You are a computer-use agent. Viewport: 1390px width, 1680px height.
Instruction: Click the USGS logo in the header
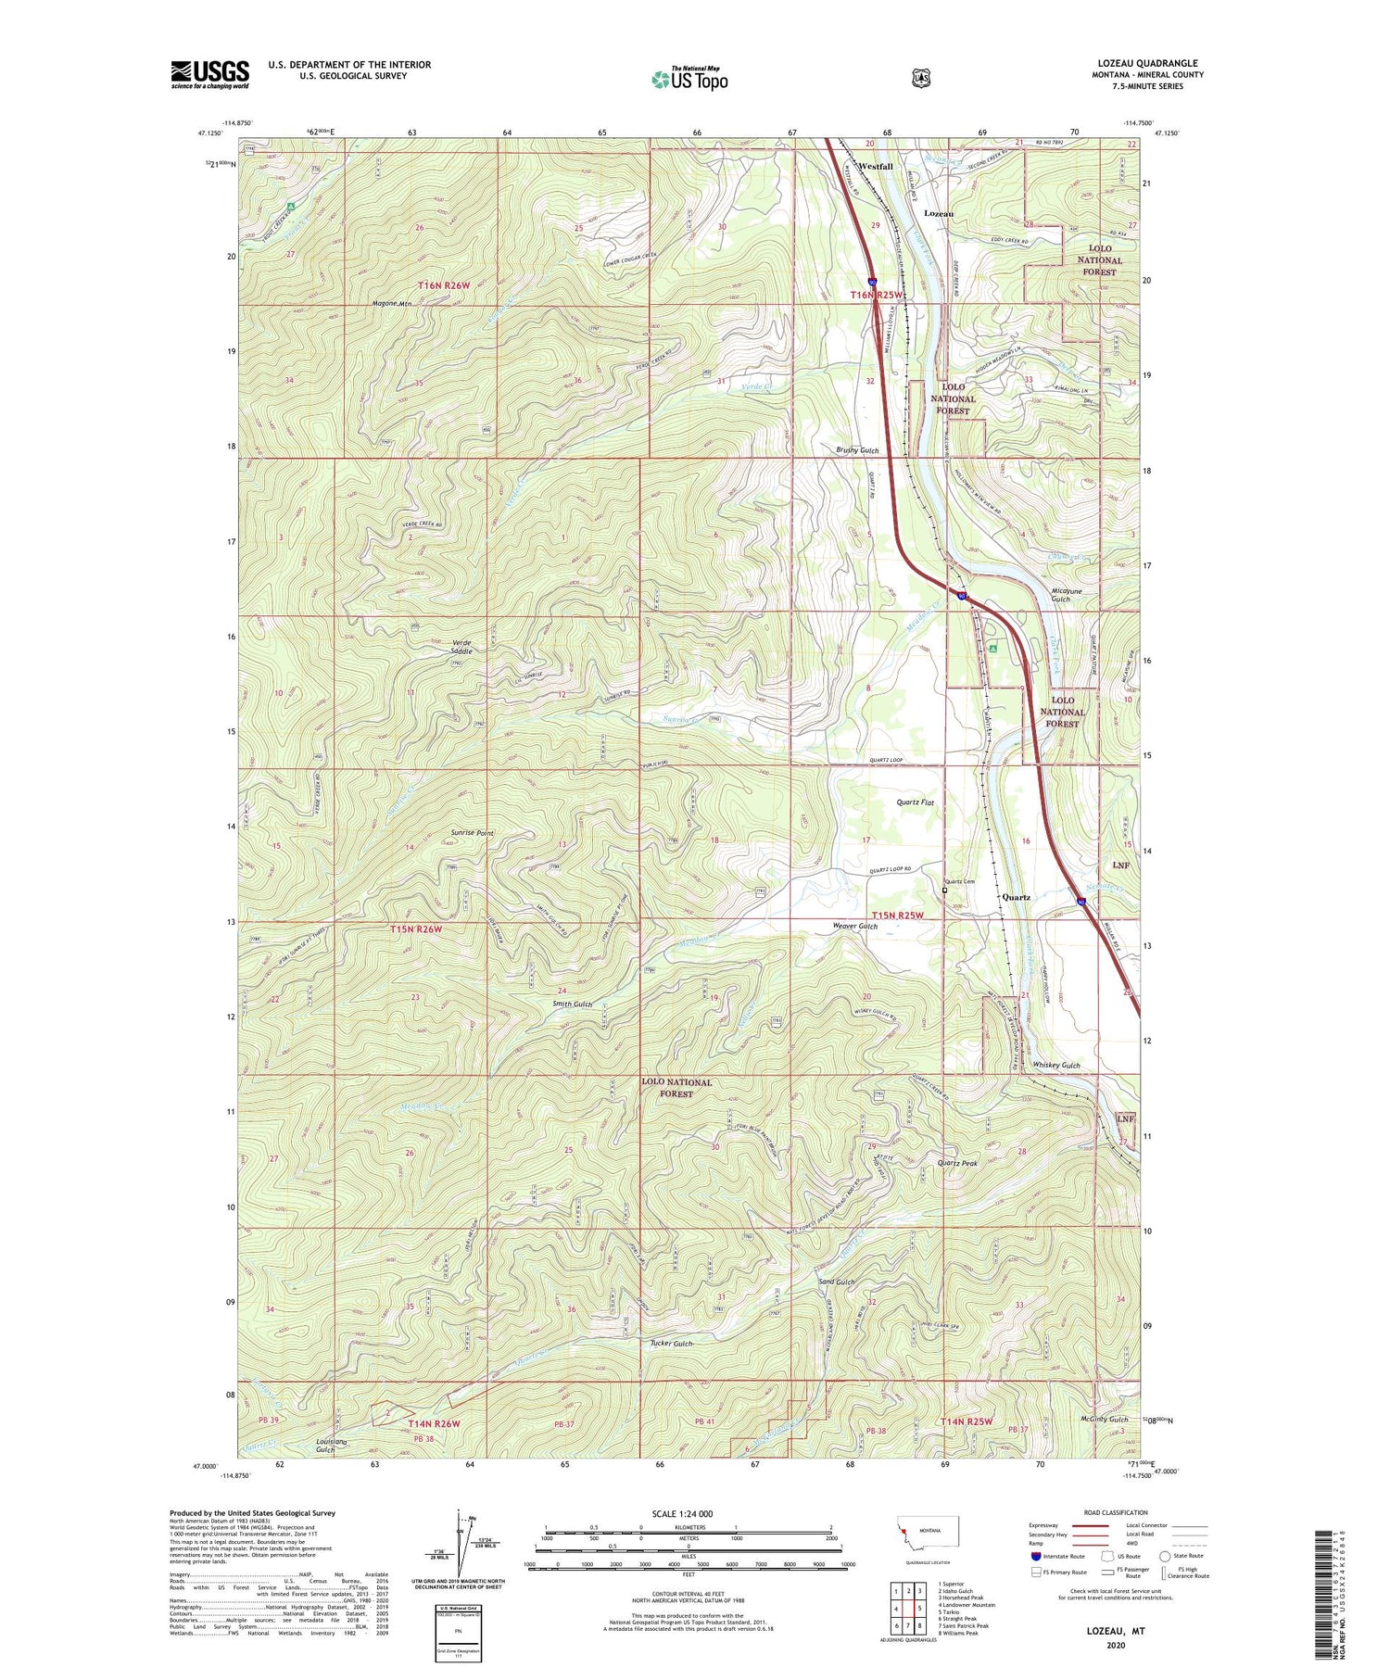click(209, 74)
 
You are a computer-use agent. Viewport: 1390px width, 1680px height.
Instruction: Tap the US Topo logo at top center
click(689, 80)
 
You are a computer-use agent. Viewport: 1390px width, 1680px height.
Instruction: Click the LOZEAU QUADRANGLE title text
click(1147, 63)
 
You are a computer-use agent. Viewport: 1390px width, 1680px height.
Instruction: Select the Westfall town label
click(876, 167)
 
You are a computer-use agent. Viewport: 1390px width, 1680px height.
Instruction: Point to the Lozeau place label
click(939, 213)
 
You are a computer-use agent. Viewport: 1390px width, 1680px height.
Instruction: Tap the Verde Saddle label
click(461, 647)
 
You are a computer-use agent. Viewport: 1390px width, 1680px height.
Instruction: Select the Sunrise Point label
click(472, 833)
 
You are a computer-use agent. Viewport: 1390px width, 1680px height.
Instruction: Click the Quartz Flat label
click(915, 802)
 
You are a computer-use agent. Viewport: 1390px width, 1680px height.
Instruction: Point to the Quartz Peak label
click(957, 1163)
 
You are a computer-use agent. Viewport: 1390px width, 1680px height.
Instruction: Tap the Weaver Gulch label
click(854, 926)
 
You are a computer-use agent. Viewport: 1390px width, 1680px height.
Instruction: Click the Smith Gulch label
click(572, 1004)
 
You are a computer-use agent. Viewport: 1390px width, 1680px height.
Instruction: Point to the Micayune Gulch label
click(1060, 594)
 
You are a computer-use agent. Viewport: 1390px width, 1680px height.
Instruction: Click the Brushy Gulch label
click(857, 450)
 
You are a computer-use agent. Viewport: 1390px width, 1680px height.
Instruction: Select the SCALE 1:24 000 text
click(682, 1514)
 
